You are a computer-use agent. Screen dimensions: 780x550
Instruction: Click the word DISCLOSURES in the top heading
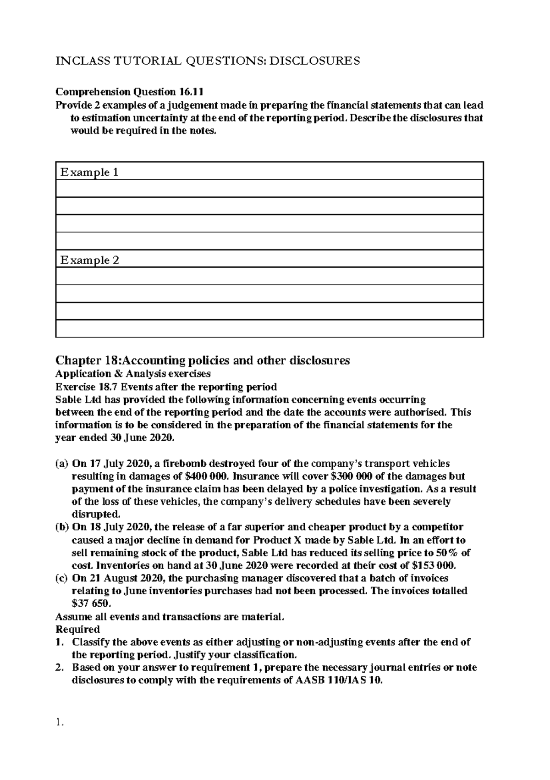[314, 61]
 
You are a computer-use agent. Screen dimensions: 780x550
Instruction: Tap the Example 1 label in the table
[89, 172]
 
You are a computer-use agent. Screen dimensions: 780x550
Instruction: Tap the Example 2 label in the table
[89, 260]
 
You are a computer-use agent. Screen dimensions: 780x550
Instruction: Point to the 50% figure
[451, 553]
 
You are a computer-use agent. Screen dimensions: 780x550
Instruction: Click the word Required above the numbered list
[77, 629]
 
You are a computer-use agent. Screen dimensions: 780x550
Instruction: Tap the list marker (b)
[62, 527]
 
